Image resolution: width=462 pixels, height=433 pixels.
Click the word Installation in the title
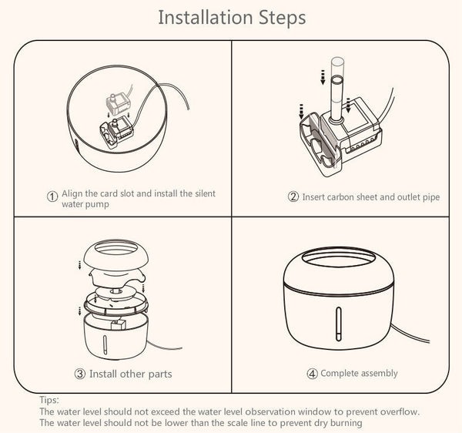point(206,18)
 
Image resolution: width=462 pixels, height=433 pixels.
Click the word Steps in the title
point(283,18)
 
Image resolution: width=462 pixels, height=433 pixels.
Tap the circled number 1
point(52,196)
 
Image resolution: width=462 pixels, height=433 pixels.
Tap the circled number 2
point(293,196)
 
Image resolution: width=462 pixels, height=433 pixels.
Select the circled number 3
point(80,374)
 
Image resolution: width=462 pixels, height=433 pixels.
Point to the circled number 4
point(313,374)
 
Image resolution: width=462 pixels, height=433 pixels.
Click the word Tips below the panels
point(49,401)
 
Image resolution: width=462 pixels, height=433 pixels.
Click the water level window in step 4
point(339,324)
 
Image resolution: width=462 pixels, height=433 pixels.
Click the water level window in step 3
point(104,344)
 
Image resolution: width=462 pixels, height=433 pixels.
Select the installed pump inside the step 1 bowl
point(115,133)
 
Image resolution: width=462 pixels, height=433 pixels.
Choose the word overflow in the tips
point(399,411)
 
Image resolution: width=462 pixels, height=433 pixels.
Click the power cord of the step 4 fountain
point(410,333)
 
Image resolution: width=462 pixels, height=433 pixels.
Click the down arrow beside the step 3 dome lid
point(79,265)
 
